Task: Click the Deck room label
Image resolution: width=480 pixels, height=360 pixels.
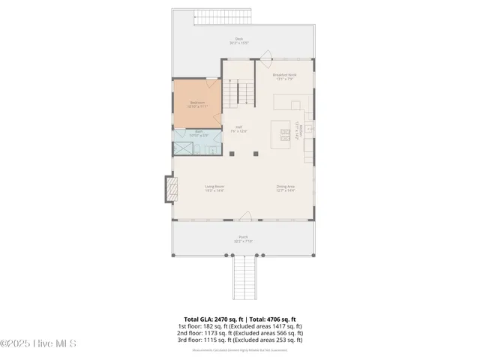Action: (x=239, y=40)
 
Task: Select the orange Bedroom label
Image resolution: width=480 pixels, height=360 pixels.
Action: (x=197, y=104)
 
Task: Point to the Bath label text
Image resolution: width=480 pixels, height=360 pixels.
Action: (x=199, y=133)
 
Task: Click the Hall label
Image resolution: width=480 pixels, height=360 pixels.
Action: (x=239, y=128)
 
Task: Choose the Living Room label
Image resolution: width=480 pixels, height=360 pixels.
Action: (x=215, y=187)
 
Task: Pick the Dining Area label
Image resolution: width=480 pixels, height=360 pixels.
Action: (x=286, y=187)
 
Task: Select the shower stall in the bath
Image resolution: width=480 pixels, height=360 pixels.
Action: (x=183, y=148)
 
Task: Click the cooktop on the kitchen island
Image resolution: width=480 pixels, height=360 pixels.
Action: (x=286, y=134)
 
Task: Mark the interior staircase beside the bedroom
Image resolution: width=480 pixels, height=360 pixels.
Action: (x=239, y=92)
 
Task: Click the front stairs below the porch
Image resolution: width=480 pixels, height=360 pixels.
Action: (x=244, y=277)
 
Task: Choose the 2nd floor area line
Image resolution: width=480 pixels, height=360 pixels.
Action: (x=239, y=333)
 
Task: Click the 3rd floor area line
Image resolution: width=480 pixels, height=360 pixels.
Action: (x=239, y=340)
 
